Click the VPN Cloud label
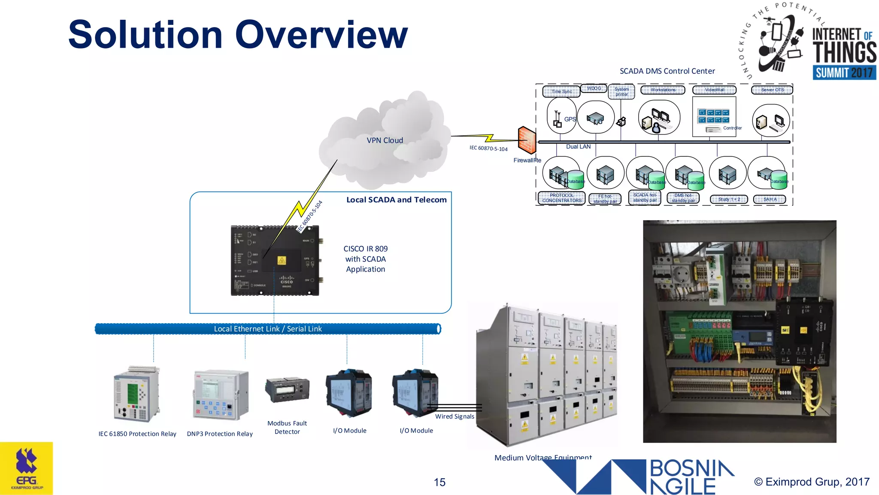point(385,141)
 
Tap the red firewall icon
point(527,140)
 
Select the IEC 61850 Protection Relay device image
point(137,394)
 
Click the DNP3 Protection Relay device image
point(221,394)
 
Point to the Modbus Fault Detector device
point(287,389)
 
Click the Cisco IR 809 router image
point(275,260)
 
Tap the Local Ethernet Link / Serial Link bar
point(268,329)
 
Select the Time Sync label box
point(561,92)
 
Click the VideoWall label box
point(714,90)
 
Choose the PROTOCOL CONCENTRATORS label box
point(561,198)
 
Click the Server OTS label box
point(772,90)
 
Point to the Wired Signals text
point(455,416)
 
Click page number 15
point(439,482)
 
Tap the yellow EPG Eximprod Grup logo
point(27,468)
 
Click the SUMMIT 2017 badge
point(844,73)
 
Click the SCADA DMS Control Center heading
point(667,71)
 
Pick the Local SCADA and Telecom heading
point(396,200)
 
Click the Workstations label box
point(662,90)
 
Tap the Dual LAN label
point(578,147)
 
